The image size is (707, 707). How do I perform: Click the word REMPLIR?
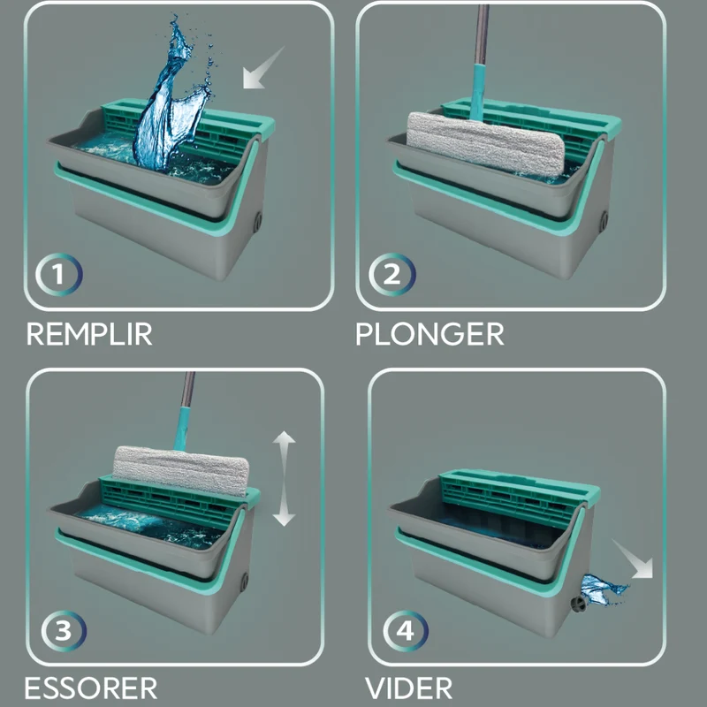coord(89,334)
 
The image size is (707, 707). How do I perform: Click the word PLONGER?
coord(430,334)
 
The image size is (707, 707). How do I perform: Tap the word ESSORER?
coord(91,688)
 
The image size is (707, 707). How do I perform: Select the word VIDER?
coord(408,688)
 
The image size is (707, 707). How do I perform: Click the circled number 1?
coord(59,275)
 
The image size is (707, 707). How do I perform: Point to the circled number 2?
coord(392,275)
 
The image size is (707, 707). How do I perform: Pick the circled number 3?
coord(64,630)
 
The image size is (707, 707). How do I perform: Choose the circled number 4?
coord(406,631)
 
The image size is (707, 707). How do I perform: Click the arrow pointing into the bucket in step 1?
coord(263,68)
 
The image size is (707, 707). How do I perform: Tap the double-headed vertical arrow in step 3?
coord(284,478)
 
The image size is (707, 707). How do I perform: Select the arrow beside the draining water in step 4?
coord(633,559)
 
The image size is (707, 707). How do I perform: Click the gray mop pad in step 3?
coord(181,471)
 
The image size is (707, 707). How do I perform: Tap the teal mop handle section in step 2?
coord(478,93)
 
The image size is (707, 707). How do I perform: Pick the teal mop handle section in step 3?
coord(182,429)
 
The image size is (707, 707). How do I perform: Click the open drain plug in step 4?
coord(578,604)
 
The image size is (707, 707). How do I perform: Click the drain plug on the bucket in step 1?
coord(257,222)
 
